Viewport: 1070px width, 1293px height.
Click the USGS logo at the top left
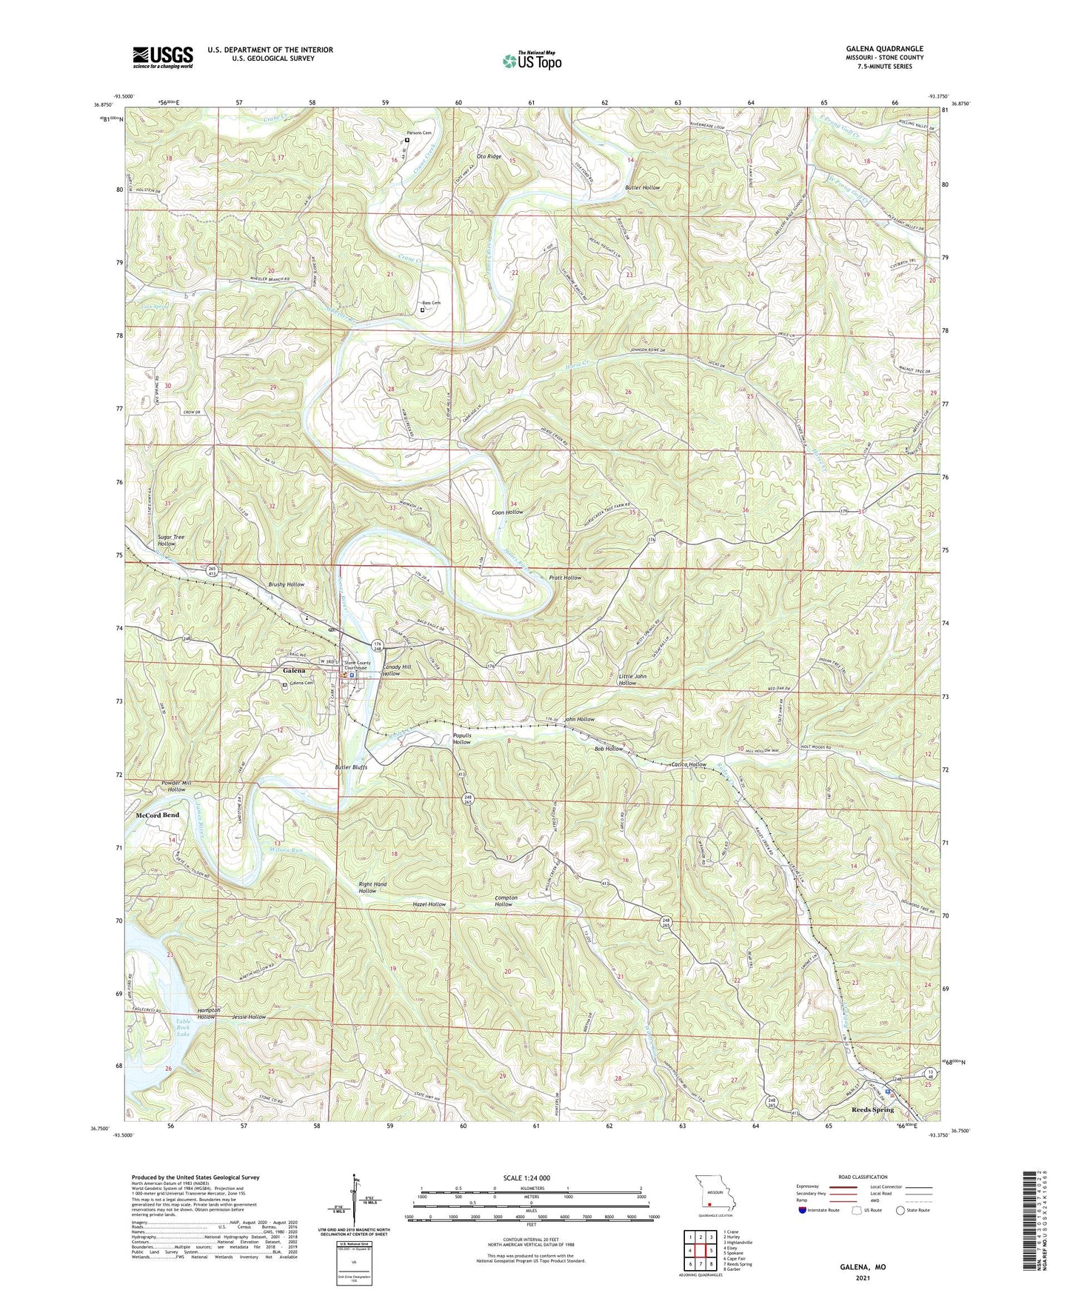pyautogui.click(x=163, y=56)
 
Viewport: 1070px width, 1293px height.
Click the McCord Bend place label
pyautogui.click(x=157, y=815)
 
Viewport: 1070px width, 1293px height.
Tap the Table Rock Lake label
pyautogui.click(x=183, y=1029)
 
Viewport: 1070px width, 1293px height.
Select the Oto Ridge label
pyautogui.click(x=489, y=156)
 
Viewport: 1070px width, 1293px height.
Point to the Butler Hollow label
pyautogui.click(x=642, y=188)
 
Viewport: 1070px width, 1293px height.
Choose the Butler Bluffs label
pyautogui.click(x=351, y=767)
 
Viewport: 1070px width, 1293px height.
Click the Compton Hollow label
pyautogui.click(x=506, y=901)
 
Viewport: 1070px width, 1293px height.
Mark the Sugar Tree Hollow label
pyautogui.click(x=170, y=540)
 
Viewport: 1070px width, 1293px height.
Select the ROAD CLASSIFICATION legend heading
pyautogui.click(x=863, y=1177)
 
